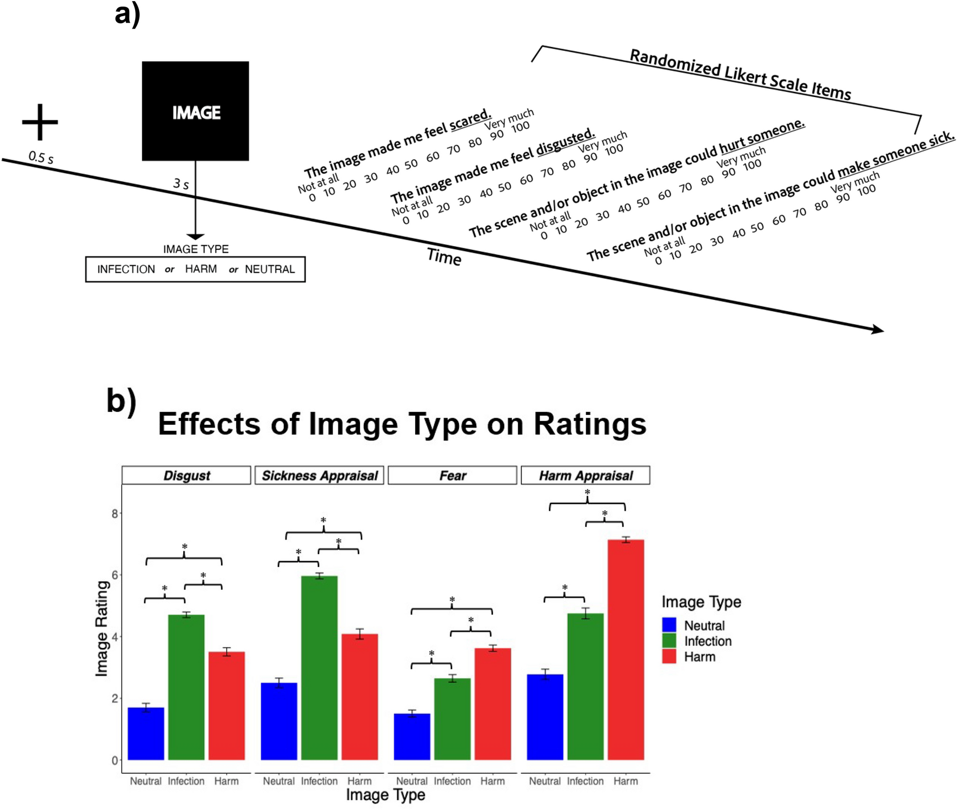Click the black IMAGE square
195,111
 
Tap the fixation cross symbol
40,122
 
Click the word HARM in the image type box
201,269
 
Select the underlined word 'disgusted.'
566,142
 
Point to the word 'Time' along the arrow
444,256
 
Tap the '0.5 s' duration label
41,157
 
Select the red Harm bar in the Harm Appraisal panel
626,649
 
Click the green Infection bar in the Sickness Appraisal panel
319,668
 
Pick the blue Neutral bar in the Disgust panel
146,733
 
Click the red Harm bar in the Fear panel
493,703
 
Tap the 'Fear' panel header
453,476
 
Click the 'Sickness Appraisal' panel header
320,476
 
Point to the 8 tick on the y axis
115,513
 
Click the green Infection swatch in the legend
669,641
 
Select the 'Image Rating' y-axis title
102,628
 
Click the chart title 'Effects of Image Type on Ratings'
402,424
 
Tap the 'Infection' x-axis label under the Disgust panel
186,781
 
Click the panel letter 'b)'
121,400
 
